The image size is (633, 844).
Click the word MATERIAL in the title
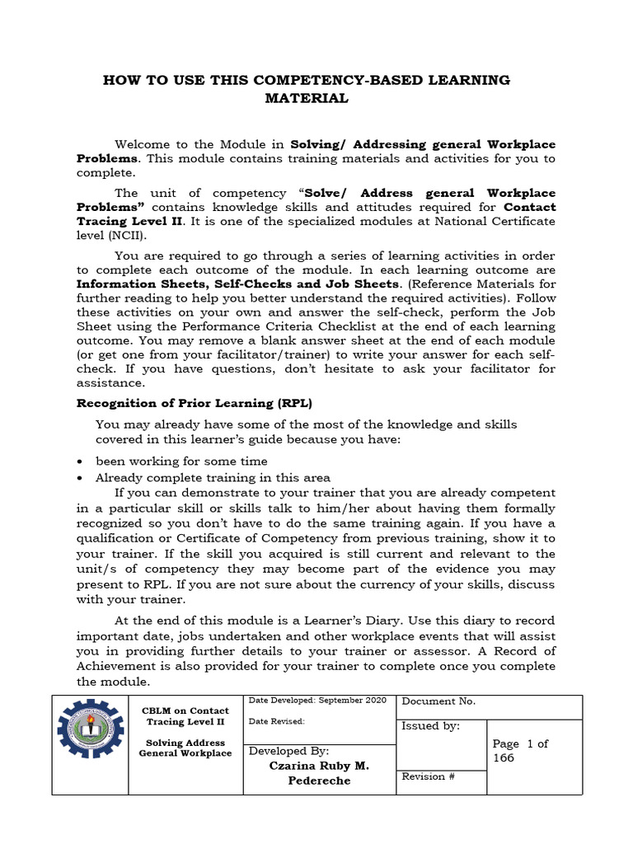tap(306, 99)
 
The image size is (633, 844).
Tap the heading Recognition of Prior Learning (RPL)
tap(195, 403)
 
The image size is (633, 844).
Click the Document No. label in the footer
tap(438, 701)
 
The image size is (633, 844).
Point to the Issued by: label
tap(430, 726)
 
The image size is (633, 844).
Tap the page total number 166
tap(504, 757)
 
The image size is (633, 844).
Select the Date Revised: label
tap(277, 721)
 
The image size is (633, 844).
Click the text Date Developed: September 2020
tap(317, 700)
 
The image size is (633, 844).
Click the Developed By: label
tap(288, 751)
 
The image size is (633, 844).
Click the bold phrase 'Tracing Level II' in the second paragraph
tap(126, 221)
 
